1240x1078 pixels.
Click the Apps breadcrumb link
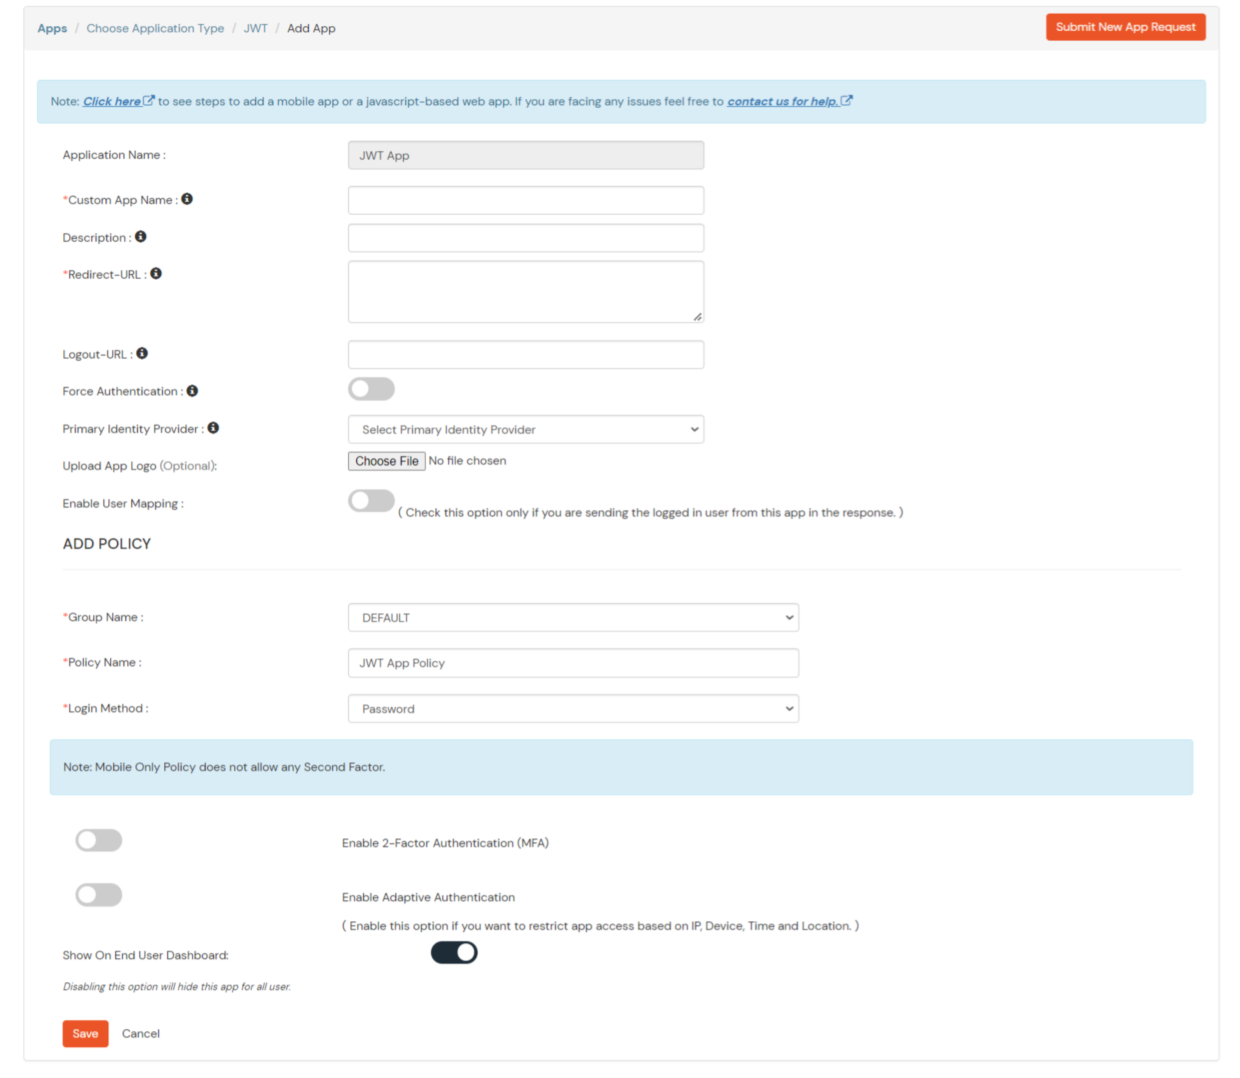pyautogui.click(x=52, y=28)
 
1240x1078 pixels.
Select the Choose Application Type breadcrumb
pyautogui.click(x=155, y=28)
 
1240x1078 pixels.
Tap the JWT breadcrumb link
pyautogui.click(x=255, y=28)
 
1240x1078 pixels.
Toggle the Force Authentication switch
pyautogui.click(x=371, y=389)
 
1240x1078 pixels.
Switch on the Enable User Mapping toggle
pyautogui.click(x=371, y=501)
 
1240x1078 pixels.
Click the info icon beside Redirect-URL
pyautogui.click(x=156, y=274)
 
